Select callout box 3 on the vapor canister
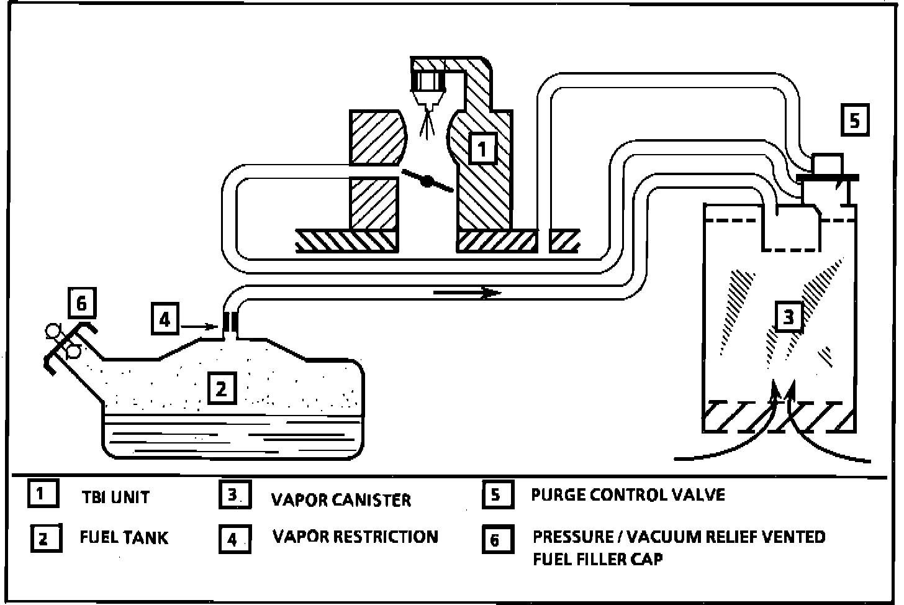coord(789,317)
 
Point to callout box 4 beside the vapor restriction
coord(165,319)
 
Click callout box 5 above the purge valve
coord(855,121)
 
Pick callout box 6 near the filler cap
coord(81,304)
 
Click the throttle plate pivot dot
coord(427,181)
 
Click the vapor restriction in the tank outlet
coord(230,321)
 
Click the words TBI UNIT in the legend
coord(115,497)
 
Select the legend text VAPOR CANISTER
coord(341,499)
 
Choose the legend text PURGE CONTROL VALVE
coord(628,495)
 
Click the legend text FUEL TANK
coord(124,537)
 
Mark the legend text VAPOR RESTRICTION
coord(355,537)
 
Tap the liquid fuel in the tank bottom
coord(233,438)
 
